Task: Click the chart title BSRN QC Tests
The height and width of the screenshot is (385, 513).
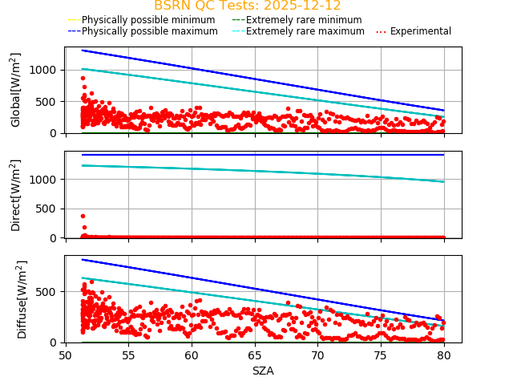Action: click(247, 6)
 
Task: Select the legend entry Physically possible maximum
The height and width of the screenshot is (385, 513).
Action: click(143, 31)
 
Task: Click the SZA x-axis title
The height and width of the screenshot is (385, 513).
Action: click(263, 371)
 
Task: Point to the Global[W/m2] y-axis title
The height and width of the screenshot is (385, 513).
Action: click(16, 90)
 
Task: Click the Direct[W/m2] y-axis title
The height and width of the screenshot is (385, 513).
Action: click(16, 195)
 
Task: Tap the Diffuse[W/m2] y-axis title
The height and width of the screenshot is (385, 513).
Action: click(16, 299)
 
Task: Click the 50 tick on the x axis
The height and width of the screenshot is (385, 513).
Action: click(66, 355)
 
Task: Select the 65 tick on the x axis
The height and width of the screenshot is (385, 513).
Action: click(254, 355)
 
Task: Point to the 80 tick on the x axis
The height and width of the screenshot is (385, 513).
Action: click(444, 355)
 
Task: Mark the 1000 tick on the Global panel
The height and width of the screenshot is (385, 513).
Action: click(45, 70)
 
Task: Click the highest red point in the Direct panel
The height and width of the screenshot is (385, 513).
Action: click(83, 216)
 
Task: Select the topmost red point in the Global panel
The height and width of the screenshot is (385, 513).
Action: click(83, 78)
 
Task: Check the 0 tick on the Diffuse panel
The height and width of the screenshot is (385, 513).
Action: click(56, 342)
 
